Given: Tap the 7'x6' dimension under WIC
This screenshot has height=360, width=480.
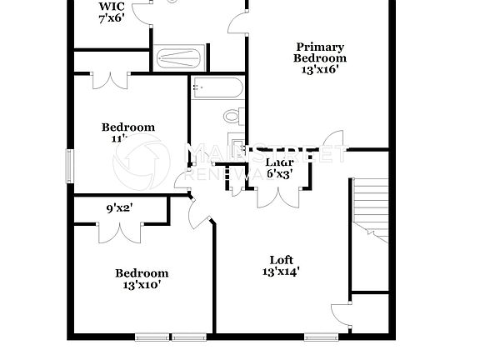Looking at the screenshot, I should [x=111, y=17].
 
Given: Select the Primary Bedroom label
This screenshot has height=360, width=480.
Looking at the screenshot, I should [x=319, y=52].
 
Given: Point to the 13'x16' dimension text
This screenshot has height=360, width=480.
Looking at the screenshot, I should [x=319, y=71].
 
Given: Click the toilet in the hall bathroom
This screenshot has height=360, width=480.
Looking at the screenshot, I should [x=232, y=116].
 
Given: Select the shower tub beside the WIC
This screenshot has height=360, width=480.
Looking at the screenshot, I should [x=177, y=58].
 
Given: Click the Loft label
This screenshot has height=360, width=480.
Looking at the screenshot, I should [x=280, y=259].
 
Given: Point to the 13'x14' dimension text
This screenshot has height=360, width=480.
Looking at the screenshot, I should [x=280, y=271].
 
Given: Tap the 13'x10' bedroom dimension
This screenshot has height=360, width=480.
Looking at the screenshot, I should [x=141, y=285].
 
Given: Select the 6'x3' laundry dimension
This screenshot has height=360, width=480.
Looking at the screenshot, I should [x=278, y=174].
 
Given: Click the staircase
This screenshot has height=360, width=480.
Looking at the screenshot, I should [x=369, y=208].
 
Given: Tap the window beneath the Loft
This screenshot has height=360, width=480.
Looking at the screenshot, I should [x=319, y=337].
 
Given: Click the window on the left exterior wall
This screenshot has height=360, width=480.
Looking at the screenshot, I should [x=71, y=162].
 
